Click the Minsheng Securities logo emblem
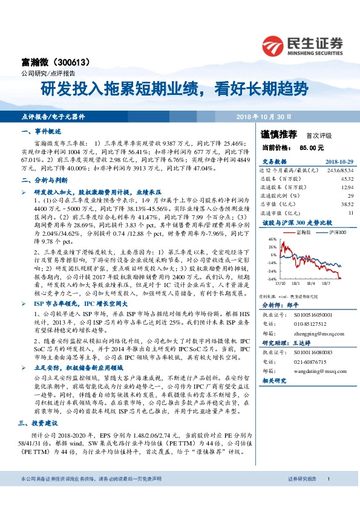[273, 44]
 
